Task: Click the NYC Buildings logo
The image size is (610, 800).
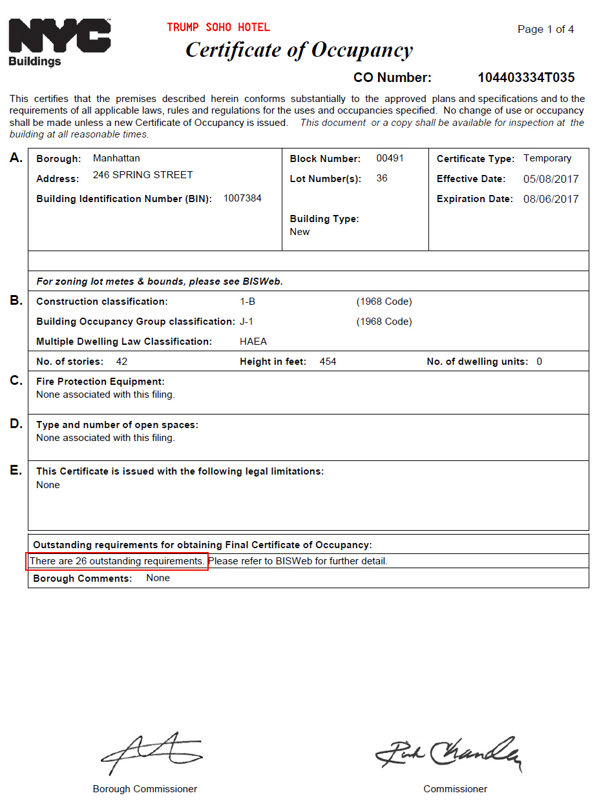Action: pyautogui.click(x=59, y=41)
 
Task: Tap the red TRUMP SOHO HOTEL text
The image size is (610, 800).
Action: pyautogui.click(x=218, y=27)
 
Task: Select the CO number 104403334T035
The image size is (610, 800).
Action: pyautogui.click(x=526, y=78)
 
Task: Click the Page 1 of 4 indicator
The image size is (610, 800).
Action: pyautogui.click(x=545, y=29)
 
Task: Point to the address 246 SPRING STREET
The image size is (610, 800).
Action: pyautogui.click(x=143, y=175)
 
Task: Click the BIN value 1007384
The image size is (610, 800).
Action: pyautogui.click(x=242, y=198)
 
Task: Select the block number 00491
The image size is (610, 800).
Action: pyautogui.click(x=390, y=158)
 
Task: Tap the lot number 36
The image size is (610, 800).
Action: pyautogui.click(x=382, y=178)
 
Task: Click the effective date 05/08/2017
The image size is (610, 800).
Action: pyautogui.click(x=551, y=179)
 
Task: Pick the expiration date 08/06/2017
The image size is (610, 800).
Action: pyautogui.click(x=551, y=199)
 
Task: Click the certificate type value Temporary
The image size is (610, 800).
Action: pyautogui.click(x=547, y=158)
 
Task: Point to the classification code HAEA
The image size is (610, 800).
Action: pyautogui.click(x=253, y=342)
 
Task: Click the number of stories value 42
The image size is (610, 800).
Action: pyautogui.click(x=121, y=362)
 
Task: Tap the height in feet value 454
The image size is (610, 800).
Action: pyautogui.click(x=328, y=362)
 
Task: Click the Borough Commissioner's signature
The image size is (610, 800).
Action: pyautogui.click(x=151, y=753)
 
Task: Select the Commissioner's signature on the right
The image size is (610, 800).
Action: pyautogui.click(x=448, y=753)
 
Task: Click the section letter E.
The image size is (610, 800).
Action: pyautogui.click(x=16, y=470)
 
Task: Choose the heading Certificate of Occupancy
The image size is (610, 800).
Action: pyautogui.click(x=299, y=50)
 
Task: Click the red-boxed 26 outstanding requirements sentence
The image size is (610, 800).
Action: pyautogui.click(x=117, y=561)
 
